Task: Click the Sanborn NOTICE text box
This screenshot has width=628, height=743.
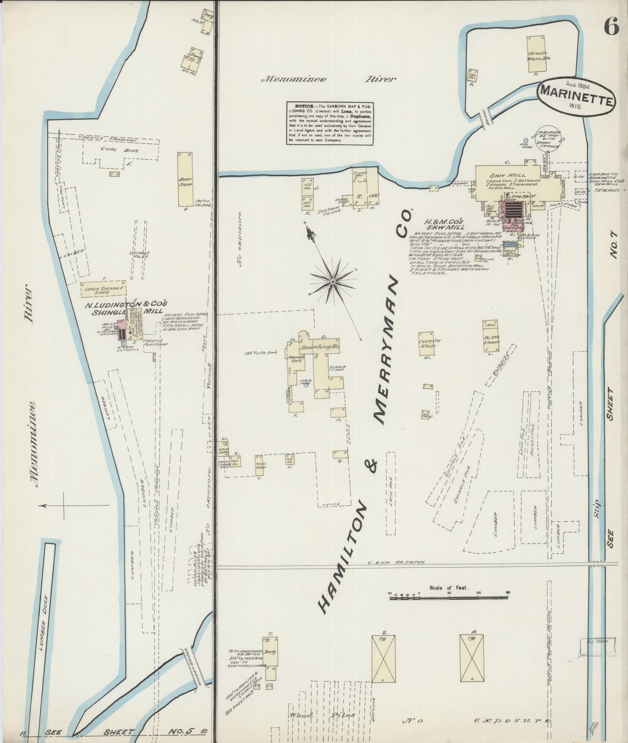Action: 330,123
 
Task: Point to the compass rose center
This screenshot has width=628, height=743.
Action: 332,282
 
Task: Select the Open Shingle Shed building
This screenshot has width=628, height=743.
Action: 103,289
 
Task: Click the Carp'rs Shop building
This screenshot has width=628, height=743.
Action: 429,344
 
